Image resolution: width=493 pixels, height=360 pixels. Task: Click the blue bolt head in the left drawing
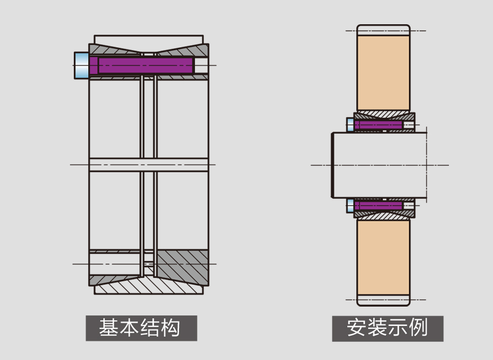pos(82,66)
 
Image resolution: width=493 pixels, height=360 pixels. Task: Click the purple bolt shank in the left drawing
pos(141,66)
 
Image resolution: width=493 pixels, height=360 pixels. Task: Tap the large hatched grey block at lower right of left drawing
pos(182,267)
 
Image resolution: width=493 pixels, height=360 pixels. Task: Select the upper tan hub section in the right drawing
pos(383,73)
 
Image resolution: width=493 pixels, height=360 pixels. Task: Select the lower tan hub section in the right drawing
pos(383,257)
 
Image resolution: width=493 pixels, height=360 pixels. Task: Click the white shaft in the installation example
pos(380,165)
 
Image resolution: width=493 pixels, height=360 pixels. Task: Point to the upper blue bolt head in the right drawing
pos(350,124)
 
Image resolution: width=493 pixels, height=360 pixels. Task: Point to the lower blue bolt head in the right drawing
pos(350,206)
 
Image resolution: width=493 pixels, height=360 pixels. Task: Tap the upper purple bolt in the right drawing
pos(378,125)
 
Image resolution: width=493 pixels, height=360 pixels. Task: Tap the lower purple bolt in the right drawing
pos(378,206)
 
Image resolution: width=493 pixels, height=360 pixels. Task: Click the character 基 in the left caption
pos(109,328)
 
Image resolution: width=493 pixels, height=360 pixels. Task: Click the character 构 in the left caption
pos(170,328)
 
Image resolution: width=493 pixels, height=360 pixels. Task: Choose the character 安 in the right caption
pos(357,328)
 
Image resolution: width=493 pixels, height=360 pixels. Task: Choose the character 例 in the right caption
pos(418,328)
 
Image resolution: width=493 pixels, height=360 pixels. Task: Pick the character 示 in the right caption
pos(398,328)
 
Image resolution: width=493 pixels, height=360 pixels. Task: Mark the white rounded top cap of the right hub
pos(383,30)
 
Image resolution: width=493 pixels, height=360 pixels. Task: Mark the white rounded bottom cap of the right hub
pos(383,301)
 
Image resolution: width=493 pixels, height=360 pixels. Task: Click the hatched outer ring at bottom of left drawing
pos(148,286)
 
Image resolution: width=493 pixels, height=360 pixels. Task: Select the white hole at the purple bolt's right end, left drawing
pos(201,66)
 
